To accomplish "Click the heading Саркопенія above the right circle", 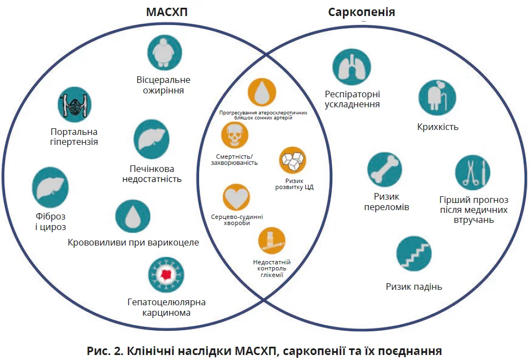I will coord(362,12).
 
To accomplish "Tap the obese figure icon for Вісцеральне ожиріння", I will coord(164,53).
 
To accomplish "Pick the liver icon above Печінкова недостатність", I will coord(152,139).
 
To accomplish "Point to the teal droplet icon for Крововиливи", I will coord(133,216).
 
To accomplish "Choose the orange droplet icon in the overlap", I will coord(262,92).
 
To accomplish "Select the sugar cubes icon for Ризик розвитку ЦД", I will coord(293,160).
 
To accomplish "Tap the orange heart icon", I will coord(237,197).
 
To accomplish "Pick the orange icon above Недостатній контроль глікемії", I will coord(272,241).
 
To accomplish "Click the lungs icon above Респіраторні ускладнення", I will coord(351,66).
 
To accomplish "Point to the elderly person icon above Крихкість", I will coord(437,98).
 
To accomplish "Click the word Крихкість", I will coord(437,127).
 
